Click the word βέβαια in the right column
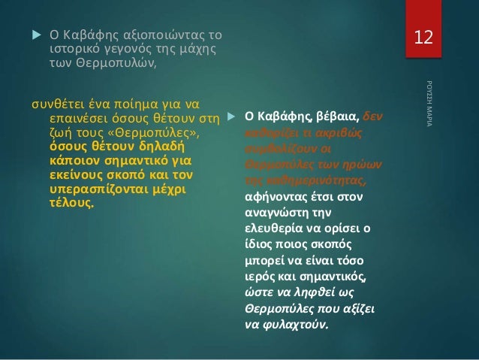(337, 118)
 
